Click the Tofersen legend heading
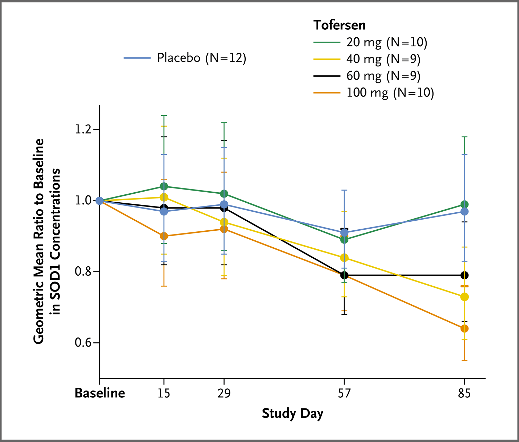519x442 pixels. click(x=339, y=25)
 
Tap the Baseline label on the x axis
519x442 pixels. click(x=100, y=393)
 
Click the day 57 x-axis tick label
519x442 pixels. click(x=344, y=393)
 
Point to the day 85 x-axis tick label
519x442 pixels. click(x=464, y=393)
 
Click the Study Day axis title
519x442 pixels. click(x=292, y=413)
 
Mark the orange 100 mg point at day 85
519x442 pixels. click(x=464, y=329)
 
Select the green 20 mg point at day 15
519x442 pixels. click(x=164, y=186)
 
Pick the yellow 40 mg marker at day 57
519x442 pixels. click(x=344, y=258)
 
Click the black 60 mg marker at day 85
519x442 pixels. click(x=464, y=275)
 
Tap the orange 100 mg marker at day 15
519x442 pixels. click(x=164, y=236)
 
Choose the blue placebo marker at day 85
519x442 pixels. click(x=464, y=211)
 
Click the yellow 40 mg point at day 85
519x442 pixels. click(x=464, y=297)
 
